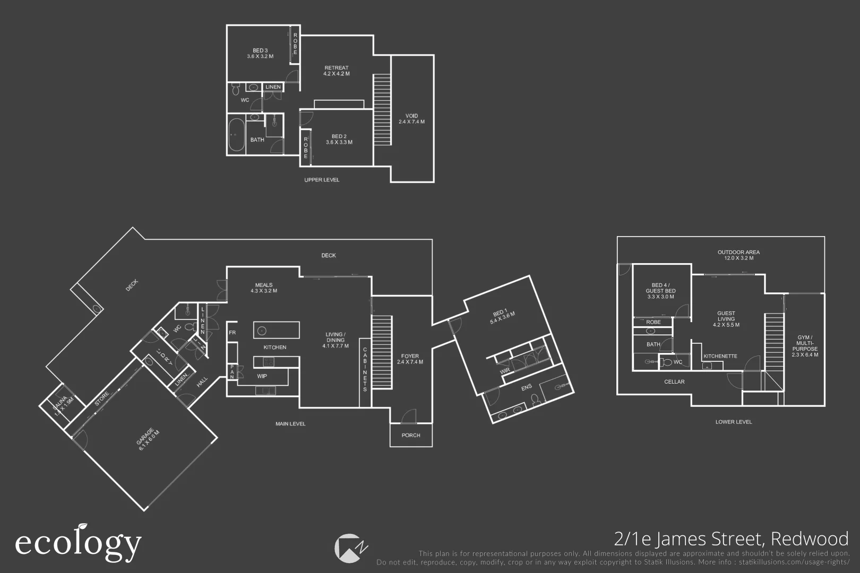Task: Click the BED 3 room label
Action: [260, 53]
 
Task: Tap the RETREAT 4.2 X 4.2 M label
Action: [337, 71]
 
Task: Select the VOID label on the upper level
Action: [411, 119]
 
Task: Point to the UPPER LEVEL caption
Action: [322, 180]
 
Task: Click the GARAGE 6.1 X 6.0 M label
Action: [148, 439]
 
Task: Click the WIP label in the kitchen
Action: [262, 376]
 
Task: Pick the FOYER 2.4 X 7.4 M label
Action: [410, 359]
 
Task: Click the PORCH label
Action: [411, 435]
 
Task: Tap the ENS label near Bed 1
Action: [526, 388]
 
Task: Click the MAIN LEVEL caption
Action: [290, 424]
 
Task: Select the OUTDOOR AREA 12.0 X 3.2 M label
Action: [738, 255]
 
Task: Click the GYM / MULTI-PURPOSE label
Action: [805, 346]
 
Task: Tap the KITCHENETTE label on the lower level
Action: [720, 356]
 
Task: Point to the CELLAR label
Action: [674, 382]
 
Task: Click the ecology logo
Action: [79, 542]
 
